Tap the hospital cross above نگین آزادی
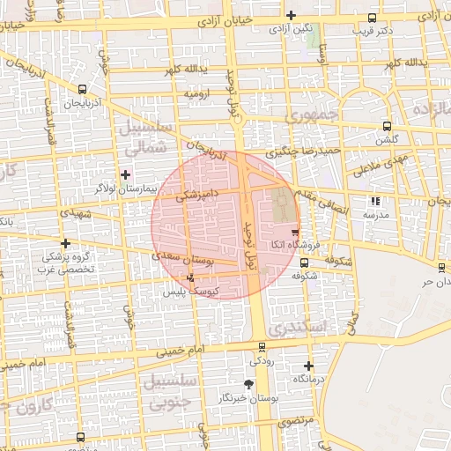[x=291, y=15]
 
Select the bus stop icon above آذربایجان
[x=82, y=89]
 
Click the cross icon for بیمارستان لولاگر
[x=125, y=174]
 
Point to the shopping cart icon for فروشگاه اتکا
[x=294, y=231]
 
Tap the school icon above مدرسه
[x=376, y=201]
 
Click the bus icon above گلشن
[x=388, y=126]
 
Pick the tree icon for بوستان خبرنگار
[x=248, y=384]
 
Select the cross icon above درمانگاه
[x=308, y=365]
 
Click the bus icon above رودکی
[x=261, y=347]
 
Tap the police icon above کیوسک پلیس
[x=191, y=277]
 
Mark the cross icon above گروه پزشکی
[x=65, y=243]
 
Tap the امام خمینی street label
[x=181, y=351]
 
